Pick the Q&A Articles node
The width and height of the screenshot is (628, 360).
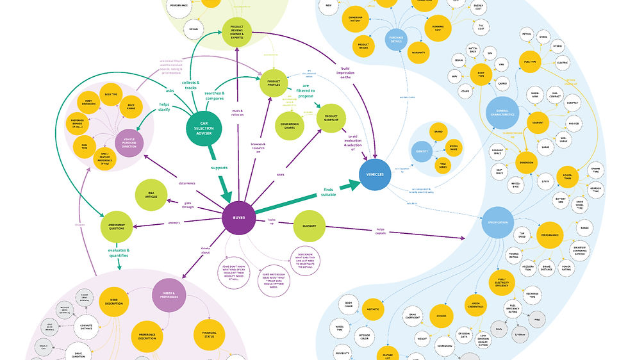point(151,195)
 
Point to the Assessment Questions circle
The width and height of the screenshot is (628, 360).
point(117,226)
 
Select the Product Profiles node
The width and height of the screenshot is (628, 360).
point(274,84)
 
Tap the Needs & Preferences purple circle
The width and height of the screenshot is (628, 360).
point(169,295)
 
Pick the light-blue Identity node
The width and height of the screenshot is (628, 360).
point(422,152)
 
